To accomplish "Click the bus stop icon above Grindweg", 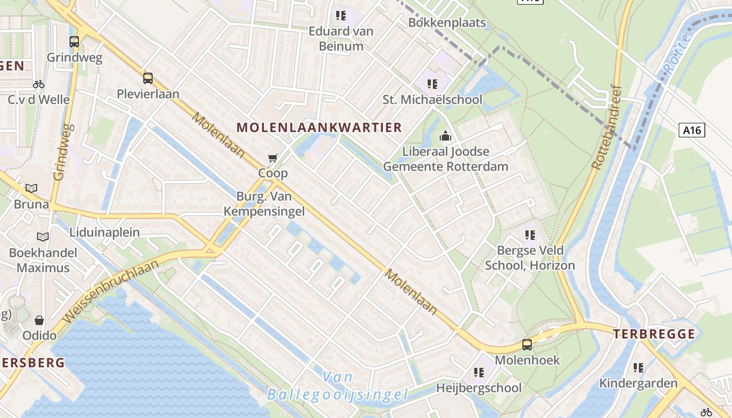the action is (74, 42).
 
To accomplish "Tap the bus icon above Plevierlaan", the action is (148, 78).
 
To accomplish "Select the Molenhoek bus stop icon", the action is (527, 345).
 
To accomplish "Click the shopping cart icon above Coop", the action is (272, 158).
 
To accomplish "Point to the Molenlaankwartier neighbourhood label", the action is (319, 127).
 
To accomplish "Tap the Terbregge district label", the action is (654, 334).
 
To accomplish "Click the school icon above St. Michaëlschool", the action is (432, 84).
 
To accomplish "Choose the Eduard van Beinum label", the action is (341, 38).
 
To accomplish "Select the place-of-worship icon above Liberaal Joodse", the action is (445, 136).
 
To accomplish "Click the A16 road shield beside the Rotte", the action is (692, 130).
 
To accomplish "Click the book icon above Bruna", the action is (31, 189).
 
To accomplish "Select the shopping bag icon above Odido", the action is (39, 320).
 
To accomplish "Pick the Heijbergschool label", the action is (479, 388).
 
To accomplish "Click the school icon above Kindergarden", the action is (638, 368).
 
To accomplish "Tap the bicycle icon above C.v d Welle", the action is (39, 84).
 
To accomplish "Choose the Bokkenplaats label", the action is (447, 23).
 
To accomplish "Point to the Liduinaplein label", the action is (105, 233).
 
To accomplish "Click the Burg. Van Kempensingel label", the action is (264, 204).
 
